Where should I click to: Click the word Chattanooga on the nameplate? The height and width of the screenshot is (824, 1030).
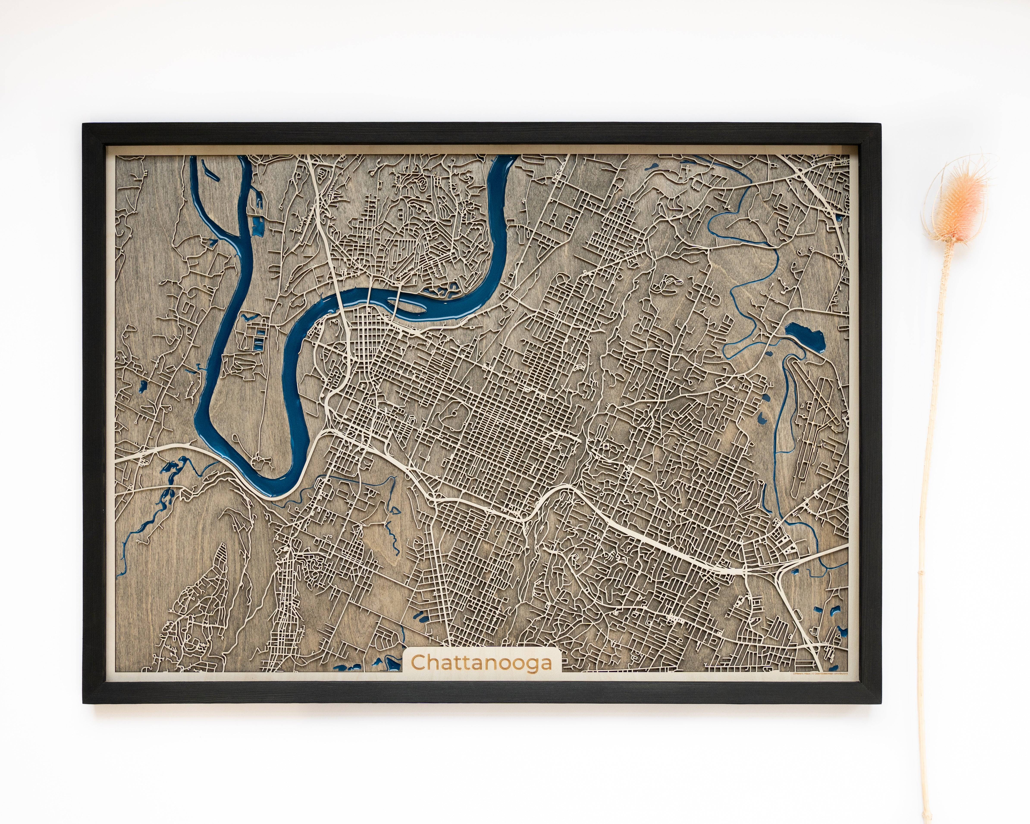coord(481,663)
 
